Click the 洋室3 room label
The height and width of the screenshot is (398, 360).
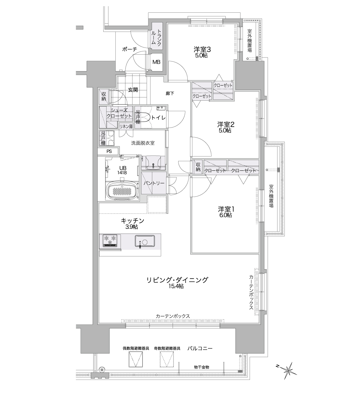(x=202, y=49)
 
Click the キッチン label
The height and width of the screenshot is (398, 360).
(x=132, y=221)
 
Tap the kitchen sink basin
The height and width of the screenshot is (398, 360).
(x=145, y=242)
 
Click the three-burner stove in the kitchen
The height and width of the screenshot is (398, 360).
(x=110, y=241)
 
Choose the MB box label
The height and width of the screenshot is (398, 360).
(x=156, y=62)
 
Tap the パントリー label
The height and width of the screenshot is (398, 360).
(x=154, y=183)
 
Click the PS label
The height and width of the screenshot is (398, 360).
(x=109, y=151)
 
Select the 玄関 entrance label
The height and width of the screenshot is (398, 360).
(x=133, y=90)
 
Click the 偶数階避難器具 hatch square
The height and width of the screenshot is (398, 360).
(x=136, y=360)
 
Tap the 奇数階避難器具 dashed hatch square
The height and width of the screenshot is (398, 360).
(x=167, y=360)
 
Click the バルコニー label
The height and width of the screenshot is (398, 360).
(x=200, y=348)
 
